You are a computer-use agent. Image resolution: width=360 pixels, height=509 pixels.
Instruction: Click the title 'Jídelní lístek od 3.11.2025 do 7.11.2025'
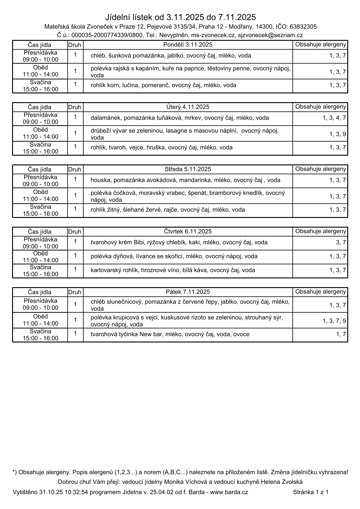180,17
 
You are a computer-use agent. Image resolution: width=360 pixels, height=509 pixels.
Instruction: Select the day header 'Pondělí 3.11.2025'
188,45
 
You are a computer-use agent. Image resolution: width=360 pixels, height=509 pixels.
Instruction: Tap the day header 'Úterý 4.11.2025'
188,107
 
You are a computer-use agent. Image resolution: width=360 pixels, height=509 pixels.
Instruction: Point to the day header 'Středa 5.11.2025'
188,169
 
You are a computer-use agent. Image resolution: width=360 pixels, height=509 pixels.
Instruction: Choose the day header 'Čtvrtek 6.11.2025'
188,232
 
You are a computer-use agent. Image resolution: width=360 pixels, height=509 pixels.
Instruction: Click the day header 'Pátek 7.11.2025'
188,292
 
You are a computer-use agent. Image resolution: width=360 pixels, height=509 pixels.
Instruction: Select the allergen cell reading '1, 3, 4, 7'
334,118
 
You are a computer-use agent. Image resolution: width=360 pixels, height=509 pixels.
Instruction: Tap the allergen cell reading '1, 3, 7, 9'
334,321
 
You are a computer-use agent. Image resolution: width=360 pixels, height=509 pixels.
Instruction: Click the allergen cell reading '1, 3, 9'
338,134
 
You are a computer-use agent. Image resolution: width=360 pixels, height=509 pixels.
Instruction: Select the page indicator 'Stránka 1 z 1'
311,492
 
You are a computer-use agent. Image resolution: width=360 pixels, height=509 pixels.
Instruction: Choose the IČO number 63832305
303,27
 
